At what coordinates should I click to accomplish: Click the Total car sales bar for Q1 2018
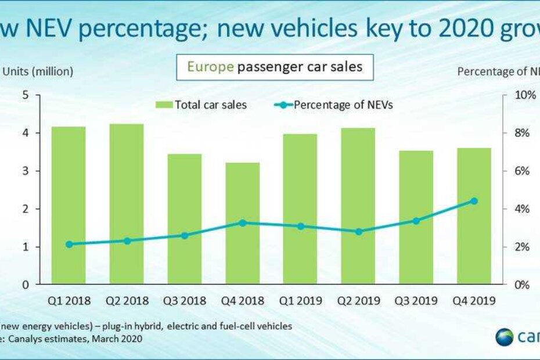(x=69, y=206)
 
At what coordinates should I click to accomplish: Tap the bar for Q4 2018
(x=243, y=224)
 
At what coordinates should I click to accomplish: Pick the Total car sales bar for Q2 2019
(x=358, y=206)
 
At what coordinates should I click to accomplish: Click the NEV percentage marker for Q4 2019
(x=474, y=201)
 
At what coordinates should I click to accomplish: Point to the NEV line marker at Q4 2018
(x=243, y=222)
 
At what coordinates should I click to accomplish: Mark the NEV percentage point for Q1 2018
(x=69, y=244)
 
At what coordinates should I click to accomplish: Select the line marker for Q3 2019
(x=416, y=221)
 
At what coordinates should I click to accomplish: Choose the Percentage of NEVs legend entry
(x=325, y=105)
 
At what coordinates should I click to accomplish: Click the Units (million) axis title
(x=38, y=71)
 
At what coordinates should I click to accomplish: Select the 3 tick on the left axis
(x=24, y=171)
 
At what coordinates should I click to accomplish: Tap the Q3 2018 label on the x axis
(x=185, y=301)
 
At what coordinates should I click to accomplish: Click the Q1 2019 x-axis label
(x=300, y=301)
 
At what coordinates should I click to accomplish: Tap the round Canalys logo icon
(x=505, y=337)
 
